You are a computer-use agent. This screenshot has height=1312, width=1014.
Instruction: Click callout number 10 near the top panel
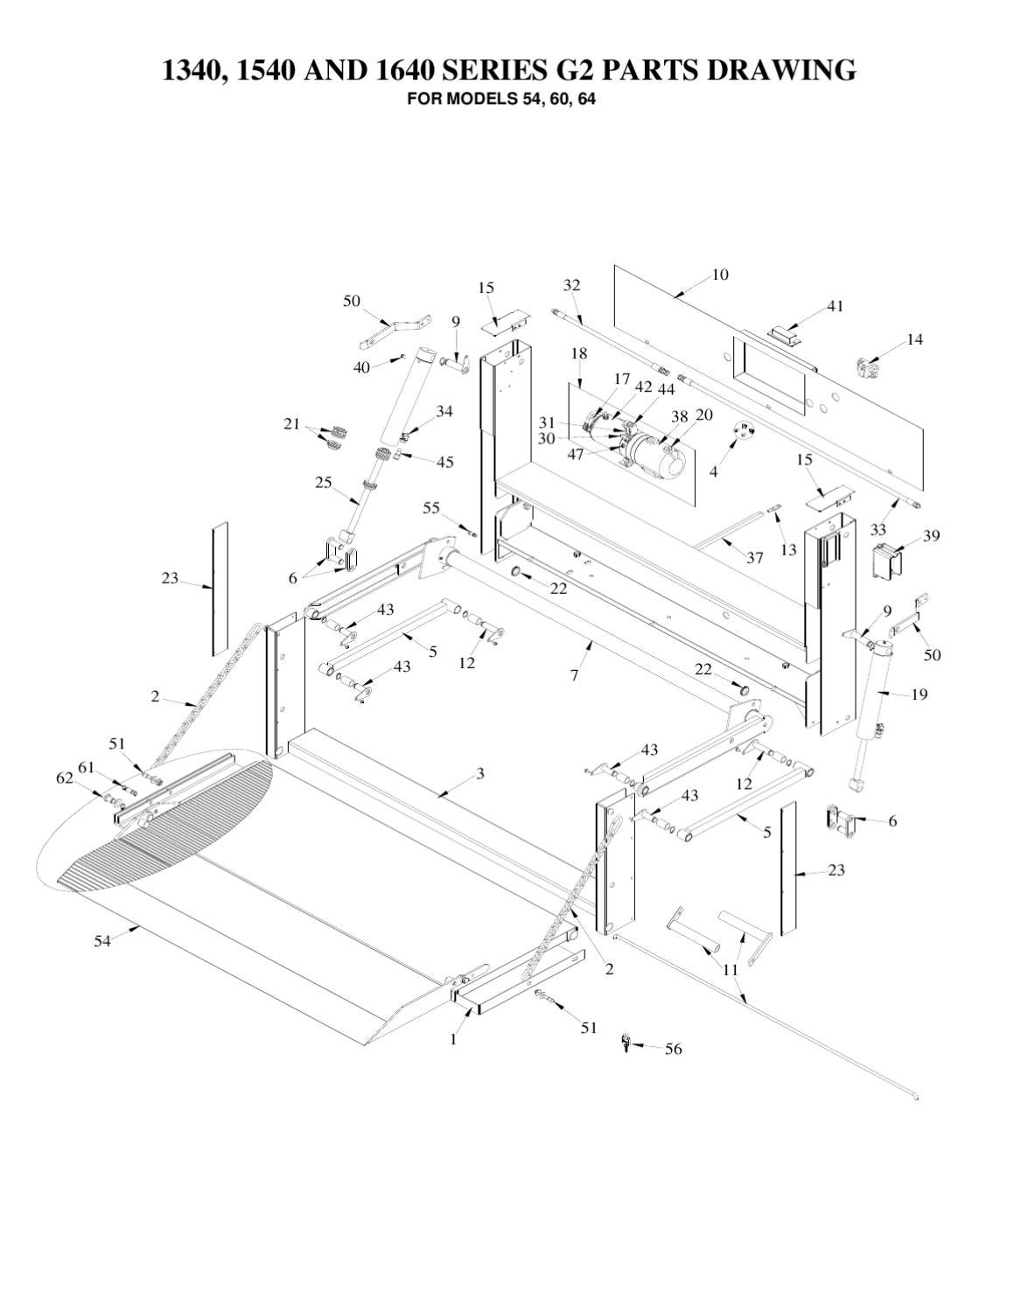(719, 275)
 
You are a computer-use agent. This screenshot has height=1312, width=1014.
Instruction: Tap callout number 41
(835, 306)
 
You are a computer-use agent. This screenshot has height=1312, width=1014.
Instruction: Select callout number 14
(914, 339)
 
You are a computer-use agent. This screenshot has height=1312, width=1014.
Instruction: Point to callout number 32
(571, 285)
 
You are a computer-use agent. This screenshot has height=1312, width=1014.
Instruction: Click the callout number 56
(673, 1049)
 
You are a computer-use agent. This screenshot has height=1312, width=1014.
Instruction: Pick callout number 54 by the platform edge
(102, 941)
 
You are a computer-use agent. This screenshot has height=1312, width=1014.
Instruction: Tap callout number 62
(65, 778)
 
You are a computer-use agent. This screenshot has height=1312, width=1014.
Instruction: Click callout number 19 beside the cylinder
(919, 694)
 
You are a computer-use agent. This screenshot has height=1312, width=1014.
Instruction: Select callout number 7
(574, 675)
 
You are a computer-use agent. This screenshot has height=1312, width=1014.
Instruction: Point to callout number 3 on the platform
(480, 773)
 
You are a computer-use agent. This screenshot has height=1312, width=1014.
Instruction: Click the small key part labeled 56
(626, 1042)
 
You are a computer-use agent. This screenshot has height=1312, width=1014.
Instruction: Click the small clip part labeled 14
(869, 368)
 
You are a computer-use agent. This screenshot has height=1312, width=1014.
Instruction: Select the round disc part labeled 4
(744, 435)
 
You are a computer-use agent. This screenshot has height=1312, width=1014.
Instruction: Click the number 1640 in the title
(406, 70)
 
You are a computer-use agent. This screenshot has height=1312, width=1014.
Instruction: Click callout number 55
(431, 507)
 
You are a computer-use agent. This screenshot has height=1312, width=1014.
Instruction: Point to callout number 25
(324, 482)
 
